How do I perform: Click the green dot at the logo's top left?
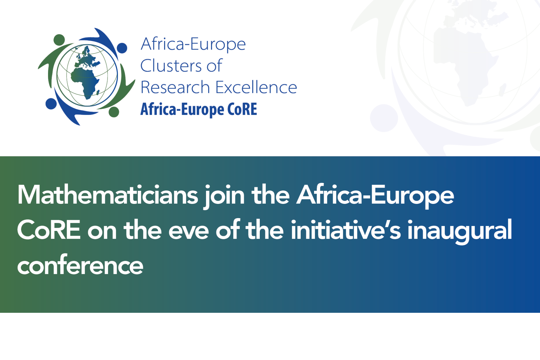click(x=59, y=40)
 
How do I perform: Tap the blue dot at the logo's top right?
click(x=122, y=48)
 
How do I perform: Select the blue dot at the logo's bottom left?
click(x=51, y=104)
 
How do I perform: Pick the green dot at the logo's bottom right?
click(x=114, y=112)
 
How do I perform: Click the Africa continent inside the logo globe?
click(x=85, y=81)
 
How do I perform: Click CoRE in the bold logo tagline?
click(x=242, y=109)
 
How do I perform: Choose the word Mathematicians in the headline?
click(x=108, y=195)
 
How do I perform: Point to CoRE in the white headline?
click(x=49, y=230)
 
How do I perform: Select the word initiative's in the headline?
click(x=346, y=230)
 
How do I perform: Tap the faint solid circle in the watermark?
click(x=384, y=118)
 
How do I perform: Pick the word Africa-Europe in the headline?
click(x=375, y=195)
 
